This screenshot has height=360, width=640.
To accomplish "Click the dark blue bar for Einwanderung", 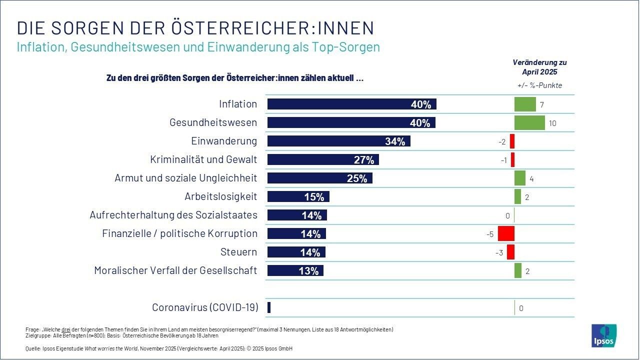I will point(338,141).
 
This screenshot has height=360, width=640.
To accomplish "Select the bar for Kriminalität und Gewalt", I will point(323,160).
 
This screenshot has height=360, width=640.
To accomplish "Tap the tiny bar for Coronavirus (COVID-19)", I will point(269,308).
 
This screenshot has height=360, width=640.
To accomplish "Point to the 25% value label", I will point(357,178).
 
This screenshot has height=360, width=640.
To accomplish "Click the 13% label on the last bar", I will point(309,271).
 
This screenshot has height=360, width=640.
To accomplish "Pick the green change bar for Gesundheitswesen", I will point(529,123).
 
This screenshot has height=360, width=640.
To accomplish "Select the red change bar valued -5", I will point(506,234).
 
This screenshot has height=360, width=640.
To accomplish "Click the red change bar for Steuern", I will point(510,252).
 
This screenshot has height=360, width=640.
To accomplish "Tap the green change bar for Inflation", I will point(525,104).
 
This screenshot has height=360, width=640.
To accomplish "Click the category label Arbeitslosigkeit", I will point(220,196).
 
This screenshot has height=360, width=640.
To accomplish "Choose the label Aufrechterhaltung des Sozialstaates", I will point(173,215).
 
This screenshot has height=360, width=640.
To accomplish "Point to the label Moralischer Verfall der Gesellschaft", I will point(175,270).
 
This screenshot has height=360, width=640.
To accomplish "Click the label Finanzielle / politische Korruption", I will point(179,233).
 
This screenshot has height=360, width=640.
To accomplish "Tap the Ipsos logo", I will point(604,335).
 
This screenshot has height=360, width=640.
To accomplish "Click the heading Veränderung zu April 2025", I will point(539,67).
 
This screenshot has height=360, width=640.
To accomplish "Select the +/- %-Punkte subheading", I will point(539,85).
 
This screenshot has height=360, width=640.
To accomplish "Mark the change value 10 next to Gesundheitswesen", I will point(552,123).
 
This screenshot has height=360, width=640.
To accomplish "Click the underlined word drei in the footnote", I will point(65,329).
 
